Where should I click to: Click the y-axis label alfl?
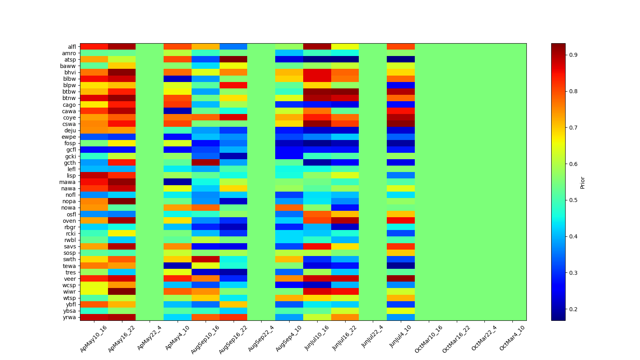coord(72,47)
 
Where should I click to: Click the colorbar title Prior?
coord(582,182)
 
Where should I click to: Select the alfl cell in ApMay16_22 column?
coord(122,47)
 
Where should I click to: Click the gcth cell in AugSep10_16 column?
coord(206,163)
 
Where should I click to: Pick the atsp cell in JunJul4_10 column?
coord(401,60)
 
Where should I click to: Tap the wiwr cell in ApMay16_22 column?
coord(122,292)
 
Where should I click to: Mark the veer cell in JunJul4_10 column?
coord(401,279)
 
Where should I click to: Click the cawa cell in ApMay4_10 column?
coord(178,111)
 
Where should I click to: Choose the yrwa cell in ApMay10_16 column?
coord(94,317)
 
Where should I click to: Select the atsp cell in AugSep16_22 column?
coord(233,60)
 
